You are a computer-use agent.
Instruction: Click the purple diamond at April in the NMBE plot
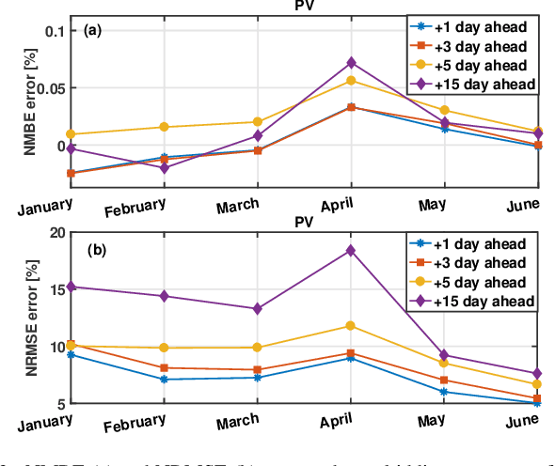351,63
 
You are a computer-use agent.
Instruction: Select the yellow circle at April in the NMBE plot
351,80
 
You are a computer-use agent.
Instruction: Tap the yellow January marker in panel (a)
71,134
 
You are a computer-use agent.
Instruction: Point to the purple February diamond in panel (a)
164,168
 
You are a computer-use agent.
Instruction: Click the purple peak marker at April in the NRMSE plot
351,250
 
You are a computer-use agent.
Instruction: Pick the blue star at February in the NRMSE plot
164,380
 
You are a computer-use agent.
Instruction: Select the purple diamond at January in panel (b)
71,287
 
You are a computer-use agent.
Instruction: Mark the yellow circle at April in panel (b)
351,325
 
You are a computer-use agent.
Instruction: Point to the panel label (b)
95,250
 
